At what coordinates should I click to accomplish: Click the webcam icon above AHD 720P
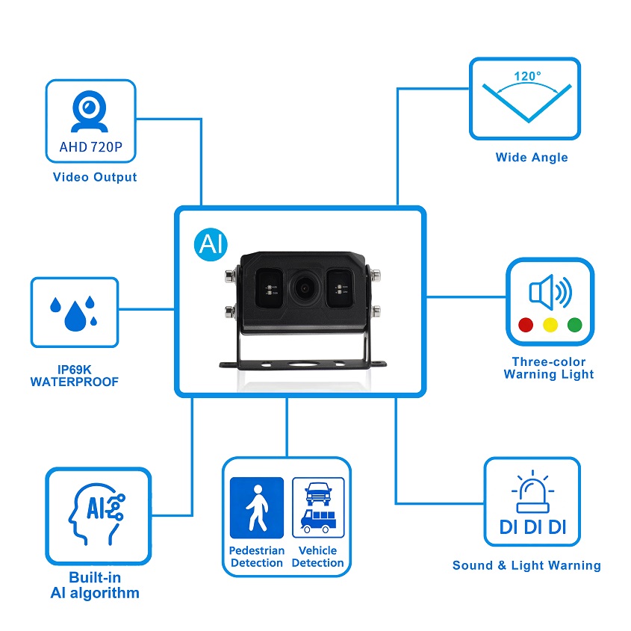(x=90, y=111)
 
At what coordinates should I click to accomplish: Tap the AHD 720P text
(x=90, y=147)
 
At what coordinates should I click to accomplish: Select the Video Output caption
(x=95, y=177)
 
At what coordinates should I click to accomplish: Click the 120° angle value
(x=527, y=76)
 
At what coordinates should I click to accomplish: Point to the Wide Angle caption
(x=532, y=158)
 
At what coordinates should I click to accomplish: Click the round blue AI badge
(x=211, y=243)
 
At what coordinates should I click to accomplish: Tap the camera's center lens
(x=304, y=286)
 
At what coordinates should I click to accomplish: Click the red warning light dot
(x=525, y=325)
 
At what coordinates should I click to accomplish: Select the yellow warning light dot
(x=550, y=325)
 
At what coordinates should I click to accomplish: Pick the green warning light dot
(x=574, y=325)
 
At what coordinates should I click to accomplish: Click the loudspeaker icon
(x=550, y=293)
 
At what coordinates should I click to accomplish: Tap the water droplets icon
(x=73, y=312)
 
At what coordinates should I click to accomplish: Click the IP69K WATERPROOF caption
(x=74, y=376)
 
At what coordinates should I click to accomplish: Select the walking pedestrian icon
(x=257, y=508)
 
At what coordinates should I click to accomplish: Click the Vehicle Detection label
(x=317, y=556)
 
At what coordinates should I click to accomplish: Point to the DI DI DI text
(x=532, y=527)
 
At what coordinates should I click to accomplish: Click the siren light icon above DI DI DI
(x=532, y=489)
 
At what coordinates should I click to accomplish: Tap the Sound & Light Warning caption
(x=526, y=565)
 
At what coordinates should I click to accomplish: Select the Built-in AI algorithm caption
(x=95, y=585)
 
